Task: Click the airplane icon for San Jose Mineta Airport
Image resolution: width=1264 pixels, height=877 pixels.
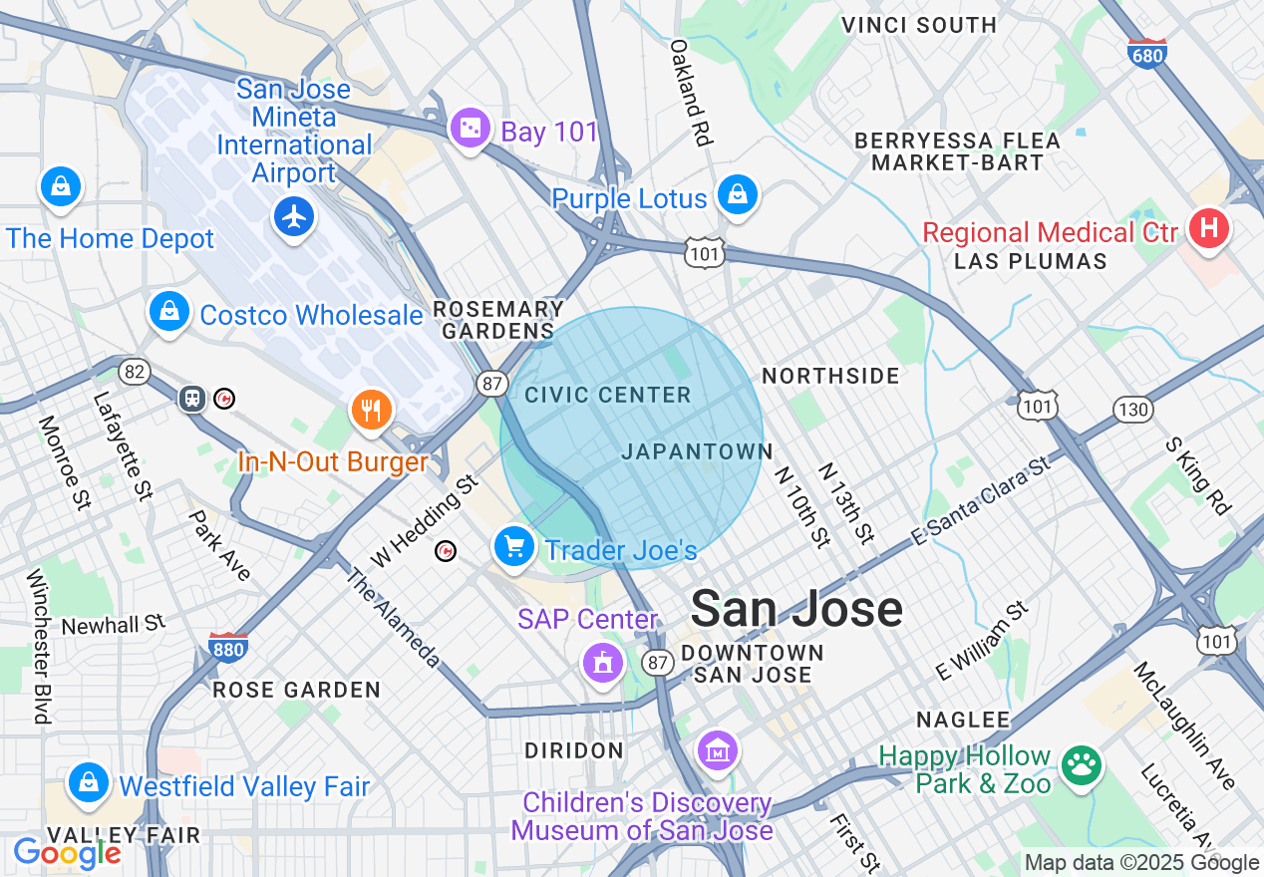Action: click(x=293, y=217)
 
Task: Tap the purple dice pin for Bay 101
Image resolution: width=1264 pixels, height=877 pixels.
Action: click(x=469, y=129)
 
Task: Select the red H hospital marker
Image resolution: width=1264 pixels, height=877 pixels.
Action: click(x=1208, y=229)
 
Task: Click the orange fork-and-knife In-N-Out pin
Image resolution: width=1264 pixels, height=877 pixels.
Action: click(x=371, y=409)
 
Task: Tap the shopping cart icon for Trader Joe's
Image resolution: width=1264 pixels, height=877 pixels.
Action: click(x=514, y=546)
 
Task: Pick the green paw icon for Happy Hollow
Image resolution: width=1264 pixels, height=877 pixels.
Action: click(x=1081, y=765)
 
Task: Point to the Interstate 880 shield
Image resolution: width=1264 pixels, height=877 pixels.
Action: click(x=228, y=647)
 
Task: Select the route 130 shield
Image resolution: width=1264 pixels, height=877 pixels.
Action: click(x=1133, y=409)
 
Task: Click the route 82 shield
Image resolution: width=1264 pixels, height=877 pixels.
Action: click(x=134, y=372)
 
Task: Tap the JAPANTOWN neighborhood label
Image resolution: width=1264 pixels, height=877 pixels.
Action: click(x=697, y=451)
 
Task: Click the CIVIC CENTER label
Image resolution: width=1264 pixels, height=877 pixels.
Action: click(x=608, y=396)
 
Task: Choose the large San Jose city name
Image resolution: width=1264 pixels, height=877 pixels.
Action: click(x=796, y=608)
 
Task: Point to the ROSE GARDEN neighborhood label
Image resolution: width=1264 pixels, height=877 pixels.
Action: click(x=296, y=690)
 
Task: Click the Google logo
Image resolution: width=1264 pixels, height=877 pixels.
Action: click(x=67, y=853)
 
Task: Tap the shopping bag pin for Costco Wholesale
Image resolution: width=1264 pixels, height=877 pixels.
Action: click(x=169, y=311)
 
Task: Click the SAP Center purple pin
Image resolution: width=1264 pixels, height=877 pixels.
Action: click(x=602, y=662)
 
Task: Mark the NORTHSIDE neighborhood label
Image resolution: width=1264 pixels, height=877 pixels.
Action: click(x=830, y=376)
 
